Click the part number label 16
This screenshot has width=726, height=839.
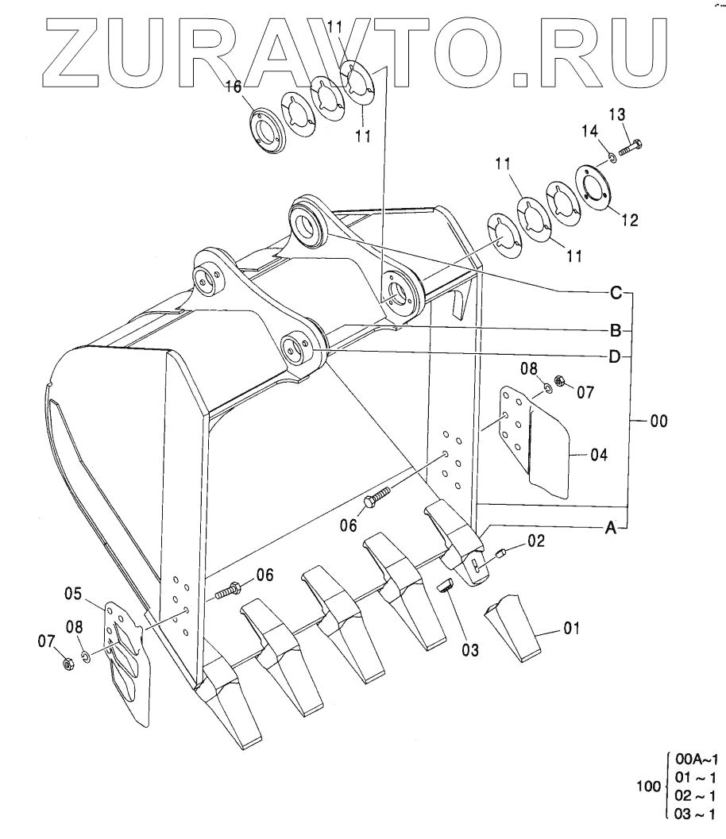(x=232, y=87)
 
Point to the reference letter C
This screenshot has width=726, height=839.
(x=615, y=293)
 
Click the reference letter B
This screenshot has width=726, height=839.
(x=615, y=329)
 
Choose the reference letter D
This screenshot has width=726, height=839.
(x=615, y=357)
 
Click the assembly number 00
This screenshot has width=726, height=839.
(x=658, y=421)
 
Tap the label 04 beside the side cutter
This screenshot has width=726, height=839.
(x=599, y=455)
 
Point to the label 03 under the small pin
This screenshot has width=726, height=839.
(x=471, y=651)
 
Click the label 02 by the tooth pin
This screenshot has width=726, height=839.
(x=536, y=542)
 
